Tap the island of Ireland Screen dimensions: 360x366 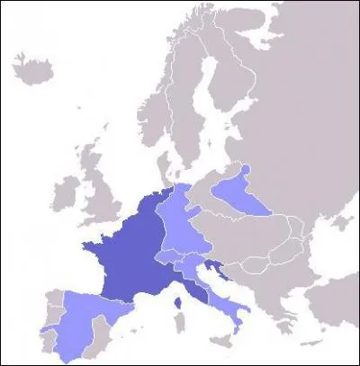(x=65, y=192)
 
